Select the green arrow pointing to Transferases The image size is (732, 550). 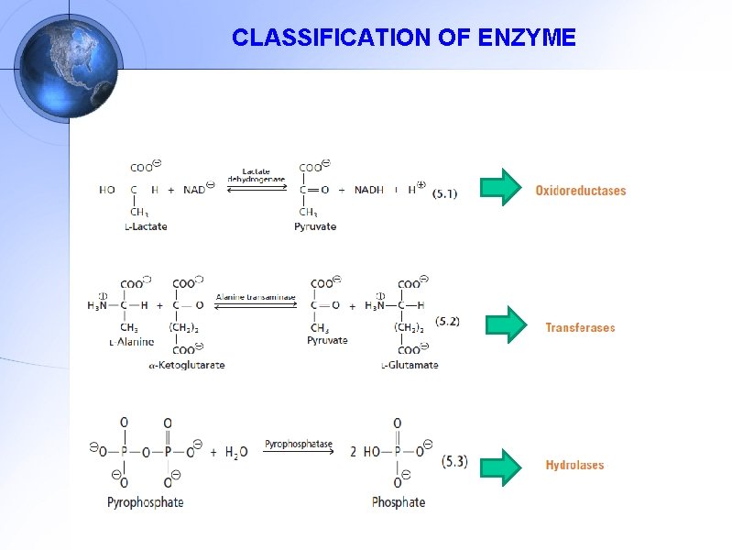(505, 324)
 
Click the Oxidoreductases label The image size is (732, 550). (581, 191)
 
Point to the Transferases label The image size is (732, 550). (580, 327)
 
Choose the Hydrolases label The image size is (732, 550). (574, 466)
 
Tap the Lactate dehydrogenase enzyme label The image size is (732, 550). (264, 175)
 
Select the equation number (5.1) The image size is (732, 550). (444, 193)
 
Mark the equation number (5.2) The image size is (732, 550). (447, 322)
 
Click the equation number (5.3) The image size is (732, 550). (454, 461)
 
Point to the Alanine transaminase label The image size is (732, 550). (256, 297)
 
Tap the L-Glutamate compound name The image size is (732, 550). (410, 365)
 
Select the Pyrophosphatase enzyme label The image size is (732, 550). (299, 445)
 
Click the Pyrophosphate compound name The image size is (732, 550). (145, 502)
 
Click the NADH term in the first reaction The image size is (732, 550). (369, 190)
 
